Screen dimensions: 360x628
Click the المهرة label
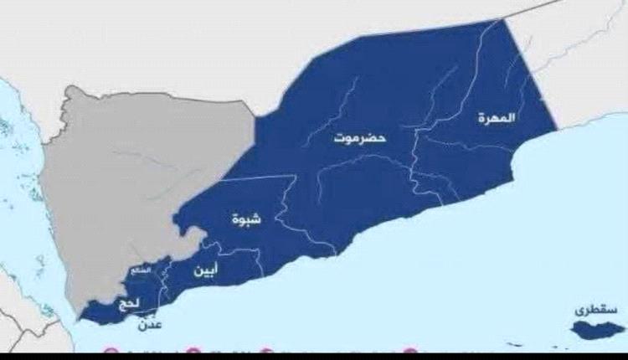pyautogui.click(x=497, y=118)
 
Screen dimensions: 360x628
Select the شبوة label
pyautogui.click(x=246, y=219)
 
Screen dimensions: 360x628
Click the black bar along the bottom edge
pyautogui.click(x=314, y=357)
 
